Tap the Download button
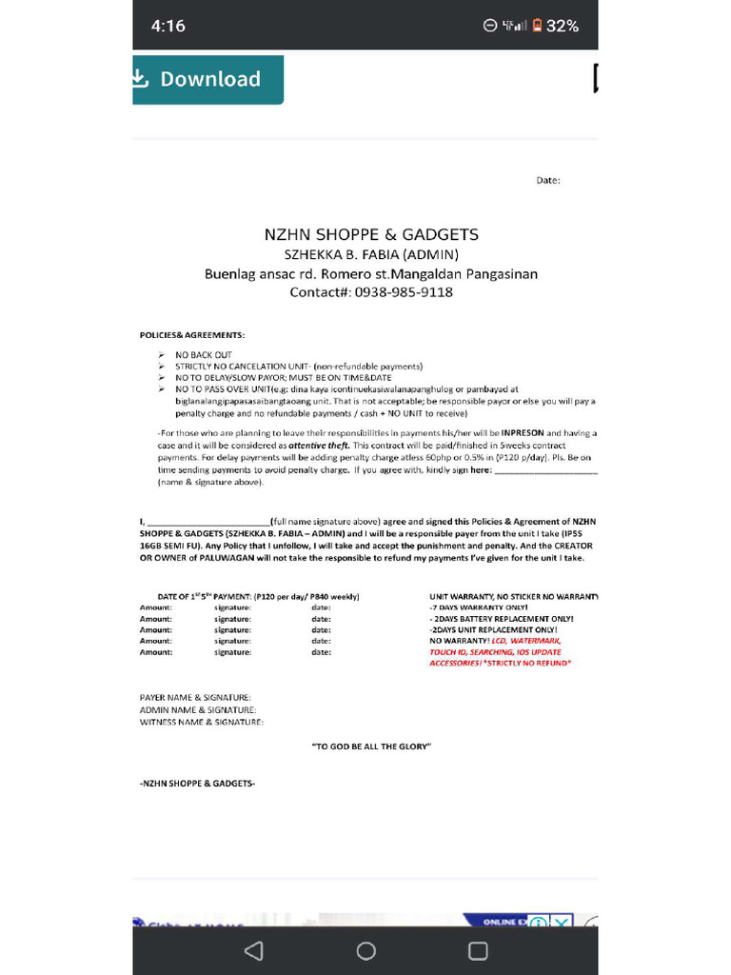(207, 79)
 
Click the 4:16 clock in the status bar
(168, 26)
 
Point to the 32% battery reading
(562, 26)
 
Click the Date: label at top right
(548, 180)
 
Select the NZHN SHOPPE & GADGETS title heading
(370, 234)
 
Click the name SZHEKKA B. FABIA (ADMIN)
(371, 254)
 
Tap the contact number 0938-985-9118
(404, 292)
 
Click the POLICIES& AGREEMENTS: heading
(191, 335)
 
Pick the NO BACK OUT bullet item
(203, 355)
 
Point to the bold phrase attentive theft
(320, 446)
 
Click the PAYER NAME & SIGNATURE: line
(195, 698)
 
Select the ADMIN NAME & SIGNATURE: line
(197, 710)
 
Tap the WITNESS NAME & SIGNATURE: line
(201, 722)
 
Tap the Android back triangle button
(253, 951)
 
